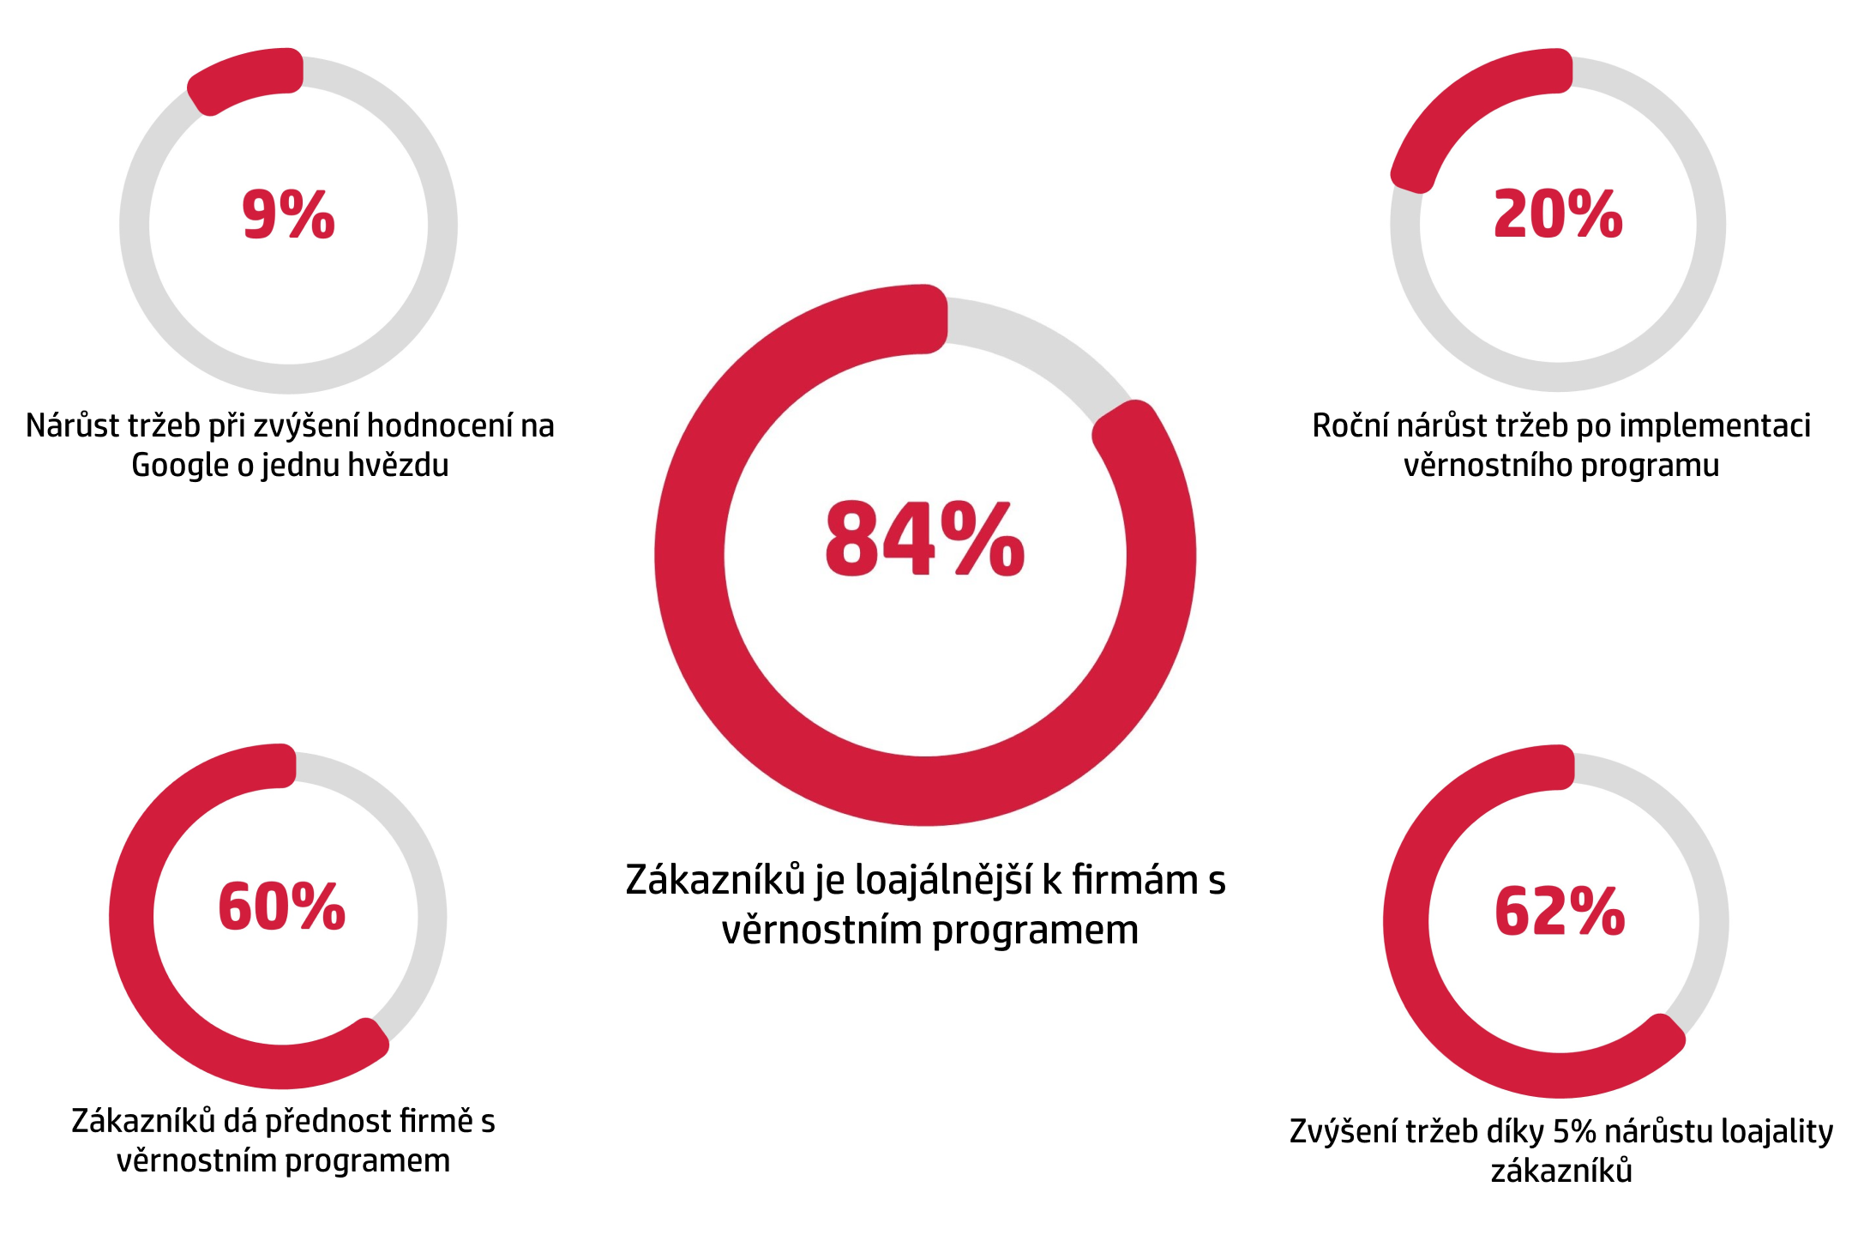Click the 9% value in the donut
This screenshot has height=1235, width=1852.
pos(288,214)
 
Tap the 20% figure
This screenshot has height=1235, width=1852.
pos(1558,214)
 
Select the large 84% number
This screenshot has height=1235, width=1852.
pos(924,539)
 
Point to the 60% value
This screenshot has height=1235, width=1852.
pos(281,907)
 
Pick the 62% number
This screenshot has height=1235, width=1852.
pos(1560,912)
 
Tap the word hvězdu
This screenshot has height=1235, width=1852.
pos(400,466)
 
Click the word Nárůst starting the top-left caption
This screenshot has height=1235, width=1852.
pos(72,426)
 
